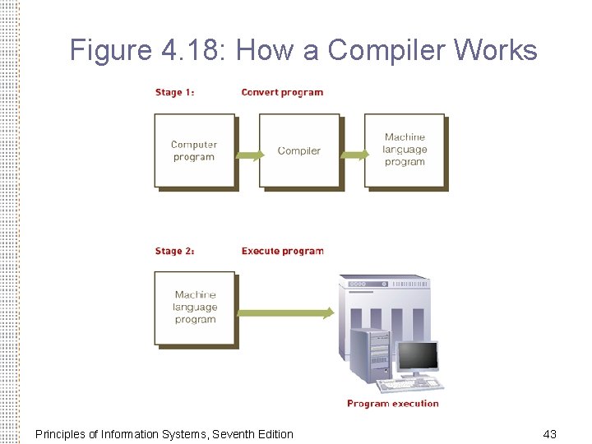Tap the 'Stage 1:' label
tap(174, 92)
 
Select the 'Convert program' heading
tap(282, 92)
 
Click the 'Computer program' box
tap(194, 150)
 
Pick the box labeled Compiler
tap(299, 150)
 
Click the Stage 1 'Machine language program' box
tap(405, 150)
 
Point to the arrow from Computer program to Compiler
tap(249, 154)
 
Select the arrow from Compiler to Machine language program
tap(354, 154)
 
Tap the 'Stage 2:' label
tap(174, 251)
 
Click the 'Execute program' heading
tap(282, 251)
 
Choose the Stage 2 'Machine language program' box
tap(195, 308)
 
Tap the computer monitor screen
tap(418, 357)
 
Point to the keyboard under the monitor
tap(409, 384)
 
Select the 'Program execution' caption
tap(392, 403)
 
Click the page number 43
tap(550, 433)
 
